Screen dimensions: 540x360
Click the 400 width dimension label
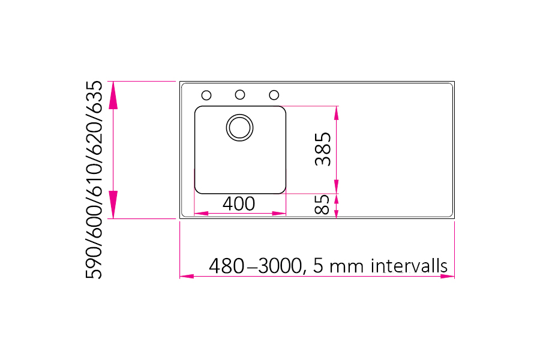(x=239, y=203)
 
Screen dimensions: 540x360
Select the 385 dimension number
(x=323, y=149)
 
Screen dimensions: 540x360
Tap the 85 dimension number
(x=322, y=205)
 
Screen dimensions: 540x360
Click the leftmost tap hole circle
(x=206, y=95)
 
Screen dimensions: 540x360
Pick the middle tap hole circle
(x=240, y=94)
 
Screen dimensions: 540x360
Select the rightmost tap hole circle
(x=274, y=95)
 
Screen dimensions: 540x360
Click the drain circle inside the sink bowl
(x=239, y=127)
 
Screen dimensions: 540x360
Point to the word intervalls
(x=409, y=266)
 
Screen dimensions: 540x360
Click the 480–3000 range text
(x=256, y=266)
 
